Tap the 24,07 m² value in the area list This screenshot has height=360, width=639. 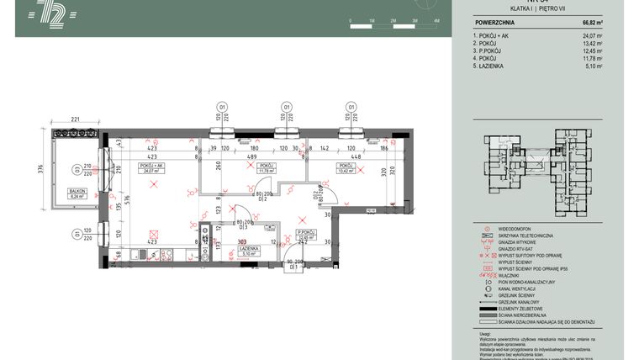click(x=592, y=36)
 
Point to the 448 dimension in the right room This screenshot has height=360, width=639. click(x=356, y=156)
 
